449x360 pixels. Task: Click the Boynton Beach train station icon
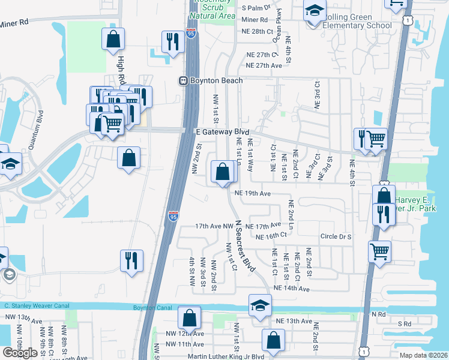[184, 80]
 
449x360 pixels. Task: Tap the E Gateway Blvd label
[221, 131]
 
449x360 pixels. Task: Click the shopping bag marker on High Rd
[113, 40]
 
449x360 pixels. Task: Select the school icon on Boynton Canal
[261, 305]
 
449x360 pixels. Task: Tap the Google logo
[20, 353]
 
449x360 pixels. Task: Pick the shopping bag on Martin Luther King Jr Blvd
[273, 340]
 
